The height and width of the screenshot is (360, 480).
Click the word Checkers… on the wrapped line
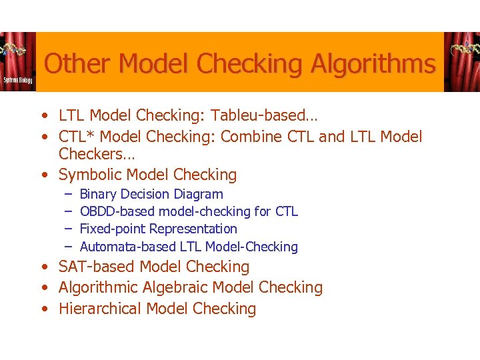click(x=97, y=155)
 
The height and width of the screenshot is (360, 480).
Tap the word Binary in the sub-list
click(x=98, y=194)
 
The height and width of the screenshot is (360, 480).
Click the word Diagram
click(x=198, y=194)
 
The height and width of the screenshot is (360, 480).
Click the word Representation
click(x=193, y=229)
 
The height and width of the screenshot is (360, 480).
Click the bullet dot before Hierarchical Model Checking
click(x=43, y=309)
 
